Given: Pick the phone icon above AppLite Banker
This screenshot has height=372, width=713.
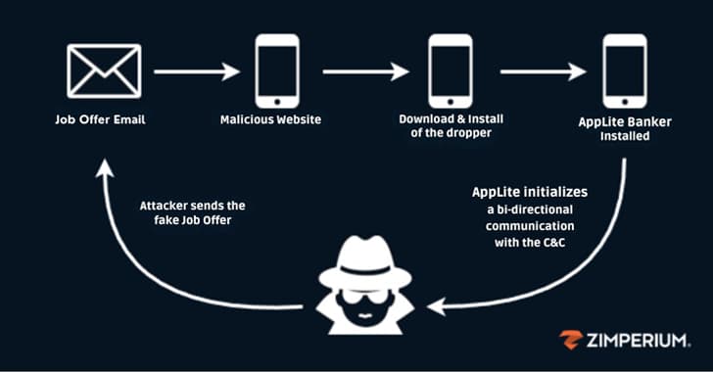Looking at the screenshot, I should (x=624, y=70).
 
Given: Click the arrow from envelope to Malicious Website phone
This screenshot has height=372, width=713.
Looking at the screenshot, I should (x=197, y=71).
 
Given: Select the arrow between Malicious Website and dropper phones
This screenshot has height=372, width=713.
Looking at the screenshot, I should (x=364, y=71).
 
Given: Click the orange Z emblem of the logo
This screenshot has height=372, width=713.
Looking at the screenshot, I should (x=571, y=340).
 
